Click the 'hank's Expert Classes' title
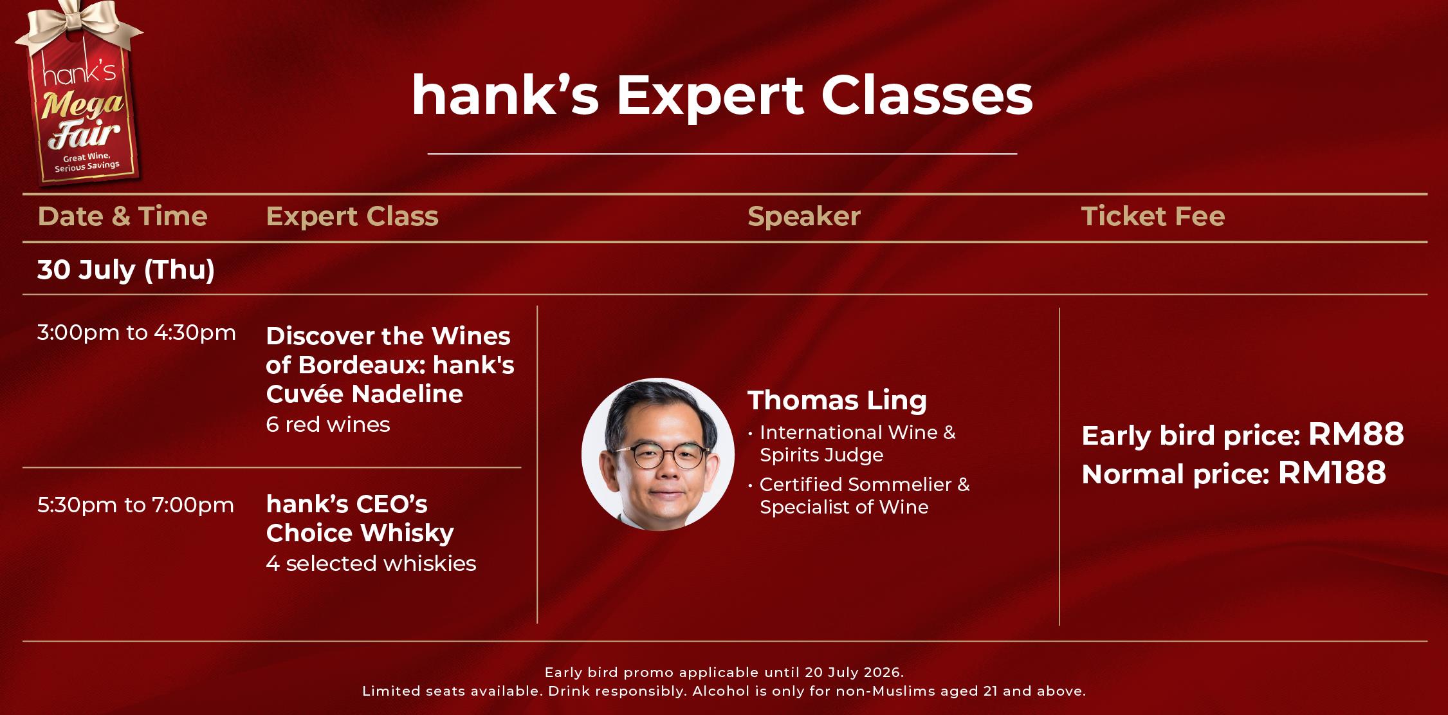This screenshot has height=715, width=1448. point(722,97)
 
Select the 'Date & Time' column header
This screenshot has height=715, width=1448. point(122,216)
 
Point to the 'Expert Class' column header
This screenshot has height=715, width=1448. point(352,217)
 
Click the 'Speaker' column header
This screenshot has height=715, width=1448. point(803,217)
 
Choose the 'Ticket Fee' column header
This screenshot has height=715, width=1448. point(1153,216)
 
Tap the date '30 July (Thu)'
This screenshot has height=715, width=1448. point(126,270)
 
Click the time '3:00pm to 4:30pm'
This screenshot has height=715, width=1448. point(136,333)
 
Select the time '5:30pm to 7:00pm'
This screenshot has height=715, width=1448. point(136,505)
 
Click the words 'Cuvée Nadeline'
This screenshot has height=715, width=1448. point(364,394)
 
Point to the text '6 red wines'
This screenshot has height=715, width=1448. point(328,425)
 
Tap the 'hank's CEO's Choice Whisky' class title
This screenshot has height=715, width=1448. point(360,519)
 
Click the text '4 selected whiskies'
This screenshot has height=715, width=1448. point(371,564)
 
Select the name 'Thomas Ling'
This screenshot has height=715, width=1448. point(837,400)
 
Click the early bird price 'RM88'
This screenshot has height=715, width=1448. point(1356,434)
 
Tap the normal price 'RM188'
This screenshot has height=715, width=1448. point(1332,473)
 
